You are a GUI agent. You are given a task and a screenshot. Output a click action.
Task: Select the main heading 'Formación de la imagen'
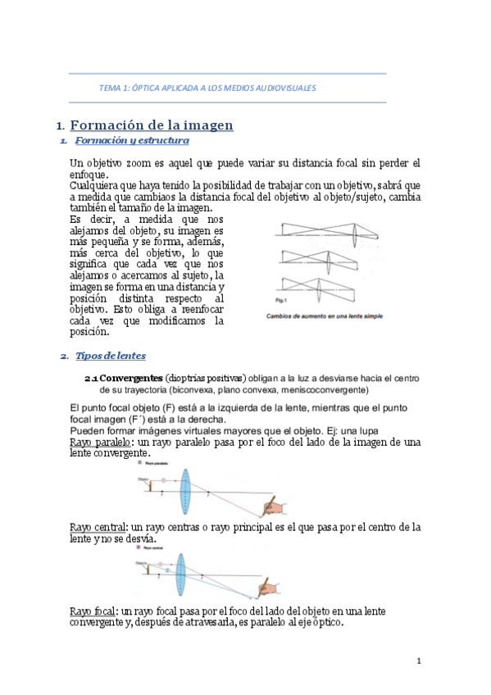(x=152, y=125)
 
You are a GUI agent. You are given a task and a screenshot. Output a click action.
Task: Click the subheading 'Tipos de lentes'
(x=111, y=356)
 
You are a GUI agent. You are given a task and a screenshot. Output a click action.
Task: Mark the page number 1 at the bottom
(x=419, y=661)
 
